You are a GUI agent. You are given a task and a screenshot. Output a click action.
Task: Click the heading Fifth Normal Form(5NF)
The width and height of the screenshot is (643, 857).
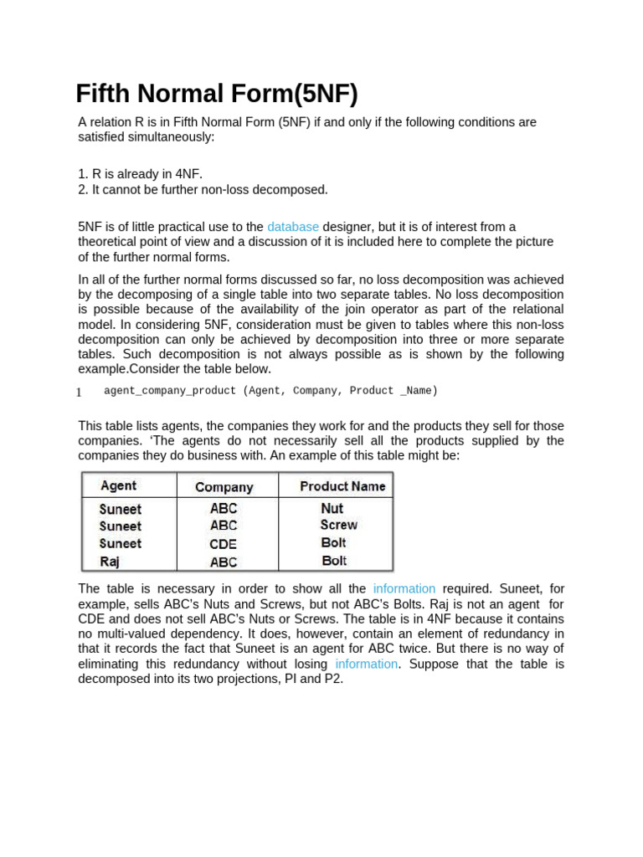pyautogui.click(x=216, y=94)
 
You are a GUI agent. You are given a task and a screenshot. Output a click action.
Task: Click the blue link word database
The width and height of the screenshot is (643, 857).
pyautogui.click(x=293, y=227)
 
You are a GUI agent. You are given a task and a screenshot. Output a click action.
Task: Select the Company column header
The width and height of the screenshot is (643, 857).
pyautogui.click(x=224, y=487)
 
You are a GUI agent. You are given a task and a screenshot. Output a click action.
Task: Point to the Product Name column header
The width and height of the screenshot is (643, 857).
pyautogui.click(x=342, y=486)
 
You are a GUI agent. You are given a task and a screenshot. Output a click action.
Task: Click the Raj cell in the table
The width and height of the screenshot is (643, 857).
pyautogui.click(x=109, y=562)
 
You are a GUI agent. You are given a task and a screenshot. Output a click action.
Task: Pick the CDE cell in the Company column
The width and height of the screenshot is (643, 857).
pyautogui.click(x=224, y=544)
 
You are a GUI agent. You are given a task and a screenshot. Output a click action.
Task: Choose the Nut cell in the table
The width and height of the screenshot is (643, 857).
pyautogui.click(x=332, y=508)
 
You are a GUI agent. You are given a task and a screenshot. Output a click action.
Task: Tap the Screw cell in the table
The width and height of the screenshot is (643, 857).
pyautogui.click(x=338, y=525)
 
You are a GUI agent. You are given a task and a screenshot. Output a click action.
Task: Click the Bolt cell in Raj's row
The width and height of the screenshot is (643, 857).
pyautogui.click(x=333, y=561)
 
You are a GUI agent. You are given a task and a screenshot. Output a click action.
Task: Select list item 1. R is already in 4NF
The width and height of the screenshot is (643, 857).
pyautogui.click(x=140, y=174)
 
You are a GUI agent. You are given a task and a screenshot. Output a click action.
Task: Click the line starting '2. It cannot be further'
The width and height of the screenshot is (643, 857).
pyautogui.click(x=203, y=190)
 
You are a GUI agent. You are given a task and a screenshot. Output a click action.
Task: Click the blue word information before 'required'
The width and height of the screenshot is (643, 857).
pyautogui.click(x=404, y=588)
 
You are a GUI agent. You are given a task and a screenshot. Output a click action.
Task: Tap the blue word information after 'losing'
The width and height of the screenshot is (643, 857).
pyautogui.click(x=366, y=664)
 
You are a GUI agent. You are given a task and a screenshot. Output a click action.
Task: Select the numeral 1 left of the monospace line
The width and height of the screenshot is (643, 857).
pyautogui.click(x=79, y=393)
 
